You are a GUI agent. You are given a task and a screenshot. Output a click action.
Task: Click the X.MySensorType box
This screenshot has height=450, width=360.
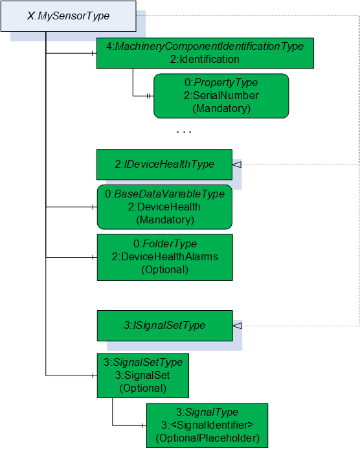tap(69, 16)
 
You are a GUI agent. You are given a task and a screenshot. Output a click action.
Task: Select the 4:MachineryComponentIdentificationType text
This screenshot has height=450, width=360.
tap(205, 46)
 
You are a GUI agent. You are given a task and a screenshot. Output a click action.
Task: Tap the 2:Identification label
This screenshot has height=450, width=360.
tap(205, 59)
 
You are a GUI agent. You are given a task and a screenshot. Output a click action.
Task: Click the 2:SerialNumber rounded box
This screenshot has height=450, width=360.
tap(221, 96)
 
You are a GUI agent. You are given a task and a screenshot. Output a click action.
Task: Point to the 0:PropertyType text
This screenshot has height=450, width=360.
tap(221, 83)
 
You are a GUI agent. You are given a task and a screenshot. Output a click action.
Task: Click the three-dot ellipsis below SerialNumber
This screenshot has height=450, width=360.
tap(184, 131)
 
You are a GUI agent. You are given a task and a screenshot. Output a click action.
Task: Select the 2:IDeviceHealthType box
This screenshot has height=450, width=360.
tap(164, 164)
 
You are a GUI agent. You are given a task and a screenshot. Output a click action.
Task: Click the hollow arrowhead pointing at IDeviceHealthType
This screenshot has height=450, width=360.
tap(237, 164)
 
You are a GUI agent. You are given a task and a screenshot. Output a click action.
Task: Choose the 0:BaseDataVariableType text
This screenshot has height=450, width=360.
tap(164, 194)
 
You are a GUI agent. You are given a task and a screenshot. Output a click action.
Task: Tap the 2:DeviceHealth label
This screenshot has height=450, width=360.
tap(164, 207)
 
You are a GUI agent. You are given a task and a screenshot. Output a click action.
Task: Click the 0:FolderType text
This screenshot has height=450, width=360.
tap(165, 243)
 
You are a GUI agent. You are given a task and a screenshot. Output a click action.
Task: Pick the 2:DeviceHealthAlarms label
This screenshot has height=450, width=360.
tap(165, 256)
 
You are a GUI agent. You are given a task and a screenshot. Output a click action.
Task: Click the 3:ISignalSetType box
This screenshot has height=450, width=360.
tap(165, 326)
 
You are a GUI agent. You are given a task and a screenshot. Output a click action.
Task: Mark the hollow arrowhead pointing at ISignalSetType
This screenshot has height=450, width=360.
tap(237, 326)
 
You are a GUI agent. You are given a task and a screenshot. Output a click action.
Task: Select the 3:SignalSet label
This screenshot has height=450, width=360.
tap(142, 375)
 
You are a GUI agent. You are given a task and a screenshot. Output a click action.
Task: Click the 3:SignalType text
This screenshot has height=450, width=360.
tap(207, 412)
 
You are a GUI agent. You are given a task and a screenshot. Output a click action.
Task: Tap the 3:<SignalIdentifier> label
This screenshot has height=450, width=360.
tap(207, 425)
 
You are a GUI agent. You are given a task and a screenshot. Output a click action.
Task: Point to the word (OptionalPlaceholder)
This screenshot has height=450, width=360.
tap(207, 438)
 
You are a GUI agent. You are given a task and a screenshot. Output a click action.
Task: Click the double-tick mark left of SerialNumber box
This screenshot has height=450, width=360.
tap(148, 96)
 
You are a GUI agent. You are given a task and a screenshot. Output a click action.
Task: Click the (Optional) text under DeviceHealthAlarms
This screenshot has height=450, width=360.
tap(165, 270)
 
